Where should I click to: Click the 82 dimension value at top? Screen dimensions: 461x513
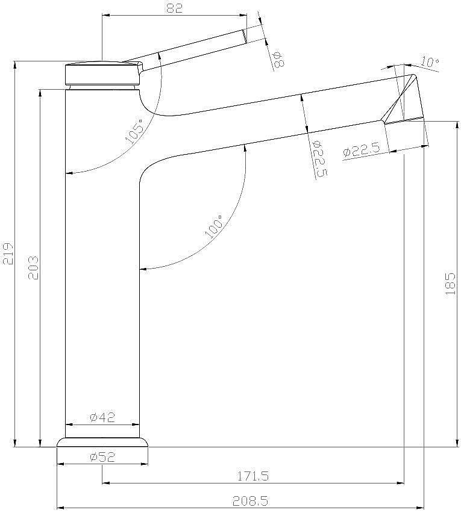point(174,8)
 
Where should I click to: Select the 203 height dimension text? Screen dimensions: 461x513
point(33,268)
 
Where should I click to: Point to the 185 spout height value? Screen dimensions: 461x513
point(451,284)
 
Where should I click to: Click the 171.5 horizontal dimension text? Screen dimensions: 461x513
point(252,476)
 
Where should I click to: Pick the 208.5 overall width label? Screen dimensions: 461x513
point(251,500)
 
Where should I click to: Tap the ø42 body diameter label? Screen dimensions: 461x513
point(102,417)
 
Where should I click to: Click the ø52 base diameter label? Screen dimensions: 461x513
point(102,457)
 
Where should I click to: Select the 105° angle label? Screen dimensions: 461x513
point(135,131)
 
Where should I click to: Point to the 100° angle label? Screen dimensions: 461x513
point(213,226)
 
